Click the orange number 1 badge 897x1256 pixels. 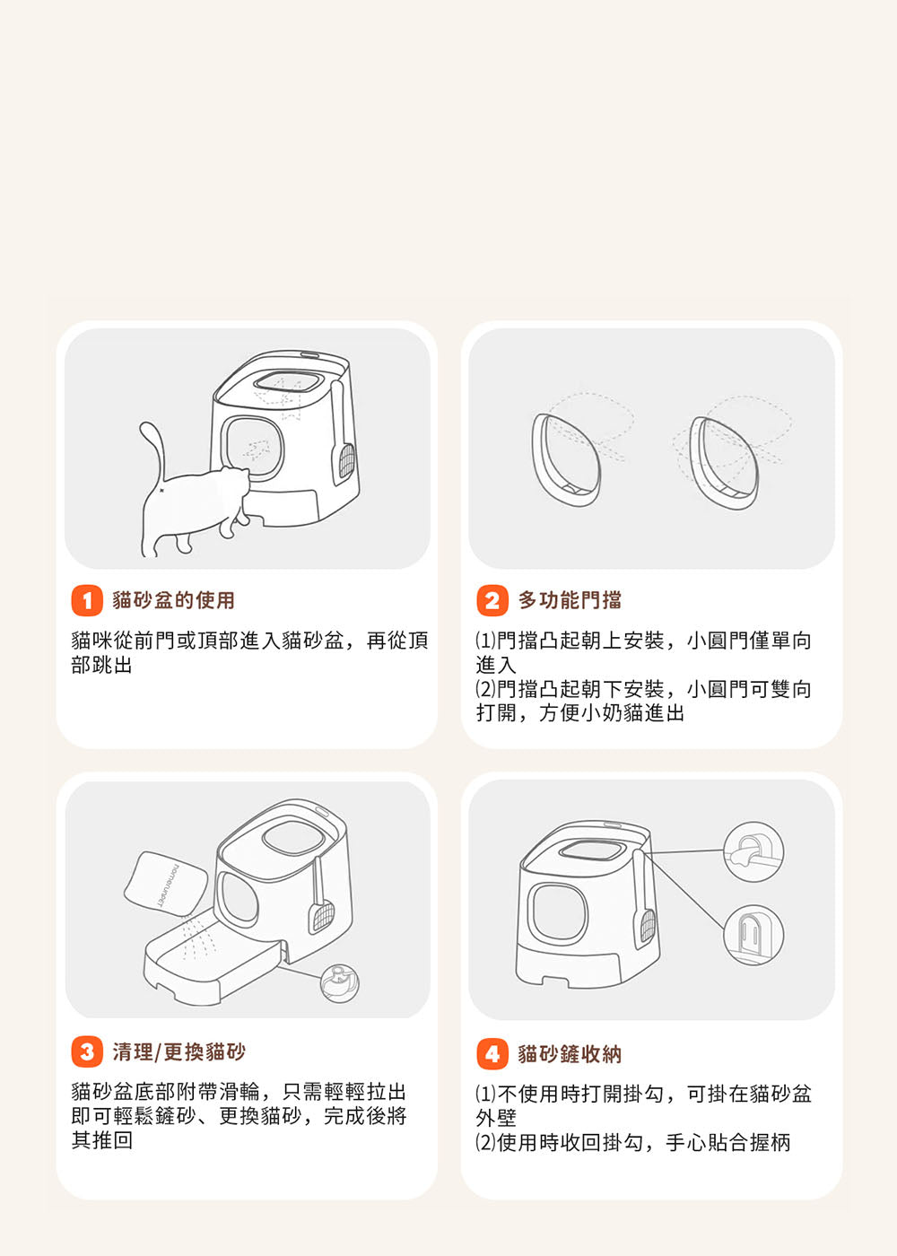(x=87, y=600)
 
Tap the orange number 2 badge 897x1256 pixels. (x=492, y=600)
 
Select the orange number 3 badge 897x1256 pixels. (x=87, y=1051)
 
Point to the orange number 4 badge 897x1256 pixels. (x=492, y=1053)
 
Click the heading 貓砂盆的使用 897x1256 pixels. (x=173, y=600)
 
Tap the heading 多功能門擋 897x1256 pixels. (x=570, y=600)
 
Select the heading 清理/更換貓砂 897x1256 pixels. (x=179, y=1051)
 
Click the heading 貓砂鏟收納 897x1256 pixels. (x=570, y=1054)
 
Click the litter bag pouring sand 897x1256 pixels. (x=165, y=884)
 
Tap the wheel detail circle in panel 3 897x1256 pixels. (x=340, y=983)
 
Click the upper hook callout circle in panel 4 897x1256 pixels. (x=753, y=852)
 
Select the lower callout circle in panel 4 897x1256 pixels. (x=753, y=935)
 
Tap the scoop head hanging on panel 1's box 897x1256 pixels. (x=345, y=465)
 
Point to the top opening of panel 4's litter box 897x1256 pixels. (x=592, y=851)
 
